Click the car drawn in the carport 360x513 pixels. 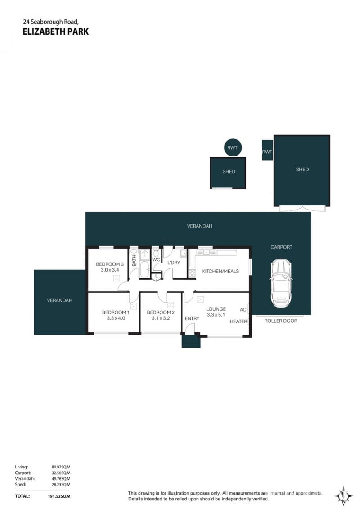click(281, 283)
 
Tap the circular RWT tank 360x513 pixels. click(232, 147)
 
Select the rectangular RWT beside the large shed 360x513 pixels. click(267, 150)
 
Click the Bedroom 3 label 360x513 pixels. click(110, 264)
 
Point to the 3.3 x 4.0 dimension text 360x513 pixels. click(116, 318)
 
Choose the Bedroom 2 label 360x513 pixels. click(161, 312)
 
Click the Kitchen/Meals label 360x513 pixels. click(220, 271)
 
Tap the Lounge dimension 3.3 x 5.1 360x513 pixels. click(216, 315)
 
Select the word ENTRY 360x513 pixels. click(192, 318)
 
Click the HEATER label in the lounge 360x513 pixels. click(238, 321)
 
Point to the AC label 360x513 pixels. click(243, 309)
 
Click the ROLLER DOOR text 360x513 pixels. click(281, 321)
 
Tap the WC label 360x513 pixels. click(156, 260)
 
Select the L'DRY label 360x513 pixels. click(174, 263)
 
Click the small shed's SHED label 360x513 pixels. click(229, 171)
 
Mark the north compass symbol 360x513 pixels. click(343, 496)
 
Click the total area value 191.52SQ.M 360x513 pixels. click(59, 496)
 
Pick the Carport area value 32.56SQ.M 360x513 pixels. click(61, 473)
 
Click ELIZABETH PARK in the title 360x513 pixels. click(56, 31)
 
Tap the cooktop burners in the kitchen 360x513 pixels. click(192, 273)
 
